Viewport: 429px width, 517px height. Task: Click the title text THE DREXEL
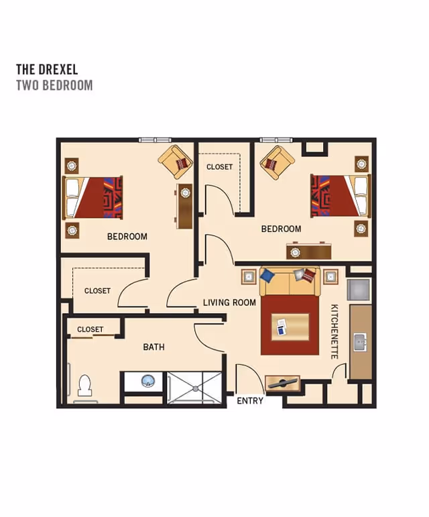pos(47,69)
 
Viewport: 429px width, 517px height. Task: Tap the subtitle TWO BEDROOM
pos(54,85)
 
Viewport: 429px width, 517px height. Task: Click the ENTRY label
pos(250,400)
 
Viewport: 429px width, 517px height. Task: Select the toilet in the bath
pos(84,385)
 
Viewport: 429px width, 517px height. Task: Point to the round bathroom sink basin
pos(148,381)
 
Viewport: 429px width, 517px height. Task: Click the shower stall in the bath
pos(194,388)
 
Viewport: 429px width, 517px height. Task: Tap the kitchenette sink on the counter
pos(360,342)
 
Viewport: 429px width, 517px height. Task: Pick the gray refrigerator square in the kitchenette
pos(359,289)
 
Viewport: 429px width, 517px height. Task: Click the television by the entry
pos(282,383)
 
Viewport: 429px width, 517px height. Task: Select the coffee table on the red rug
pos(290,327)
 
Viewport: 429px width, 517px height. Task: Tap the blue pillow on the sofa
pos(267,276)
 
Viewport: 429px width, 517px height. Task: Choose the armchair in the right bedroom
pos(277,163)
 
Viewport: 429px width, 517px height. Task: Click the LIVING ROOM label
pos(229,302)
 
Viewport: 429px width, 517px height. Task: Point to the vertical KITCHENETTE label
pos(334,331)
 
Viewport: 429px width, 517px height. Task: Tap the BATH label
pos(154,347)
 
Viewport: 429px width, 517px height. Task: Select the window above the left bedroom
pos(155,140)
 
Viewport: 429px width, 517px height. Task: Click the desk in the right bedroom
pos(309,251)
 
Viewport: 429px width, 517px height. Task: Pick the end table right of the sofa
pos(330,277)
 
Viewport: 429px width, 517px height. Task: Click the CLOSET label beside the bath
pos(90,329)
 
